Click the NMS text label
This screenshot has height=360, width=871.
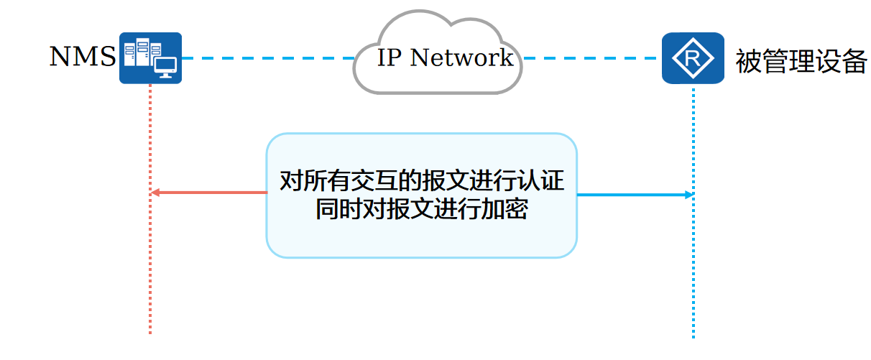[x=82, y=57]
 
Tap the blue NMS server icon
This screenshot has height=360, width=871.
[x=150, y=57]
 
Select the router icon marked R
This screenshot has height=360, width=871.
[x=693, y=57]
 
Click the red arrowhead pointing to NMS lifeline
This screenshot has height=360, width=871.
[x=155, y=193]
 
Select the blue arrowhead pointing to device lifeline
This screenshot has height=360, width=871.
[x=689, y=195]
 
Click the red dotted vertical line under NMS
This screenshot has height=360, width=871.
[x=150, y=273]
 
